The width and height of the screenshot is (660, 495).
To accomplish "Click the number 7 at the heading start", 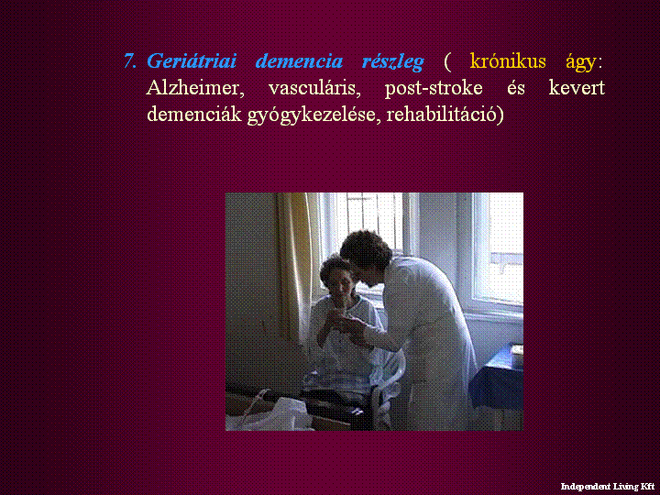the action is pos(129,61).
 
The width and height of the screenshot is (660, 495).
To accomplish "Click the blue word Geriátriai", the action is pos(192,61).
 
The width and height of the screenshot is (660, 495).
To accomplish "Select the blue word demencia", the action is pos(299,61).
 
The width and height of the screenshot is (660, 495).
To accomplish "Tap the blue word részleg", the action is pos(392,62).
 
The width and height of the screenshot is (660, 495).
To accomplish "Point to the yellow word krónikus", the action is pos(508,61).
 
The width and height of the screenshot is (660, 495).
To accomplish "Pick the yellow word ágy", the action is pos(581,63).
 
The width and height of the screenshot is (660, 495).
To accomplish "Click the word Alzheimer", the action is pos(195,88).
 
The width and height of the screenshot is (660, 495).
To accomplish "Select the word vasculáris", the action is pos(314,88).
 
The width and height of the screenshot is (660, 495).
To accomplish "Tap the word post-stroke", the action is pos(434,89).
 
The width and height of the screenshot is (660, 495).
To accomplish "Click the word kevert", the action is pos(577,88).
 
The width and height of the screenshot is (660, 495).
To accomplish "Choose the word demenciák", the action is pos(194,114).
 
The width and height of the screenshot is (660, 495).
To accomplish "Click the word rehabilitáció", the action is pos(442,115).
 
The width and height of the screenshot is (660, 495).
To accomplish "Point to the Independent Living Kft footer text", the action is pos(608,487).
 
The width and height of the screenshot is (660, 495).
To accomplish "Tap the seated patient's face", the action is pos(341,283).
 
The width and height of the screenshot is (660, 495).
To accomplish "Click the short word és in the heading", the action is pos(515,88).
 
